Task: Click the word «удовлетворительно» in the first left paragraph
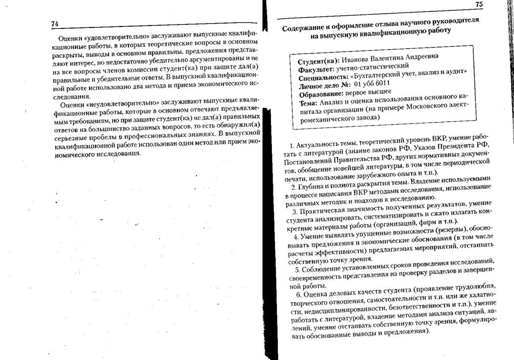coord(108,37)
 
